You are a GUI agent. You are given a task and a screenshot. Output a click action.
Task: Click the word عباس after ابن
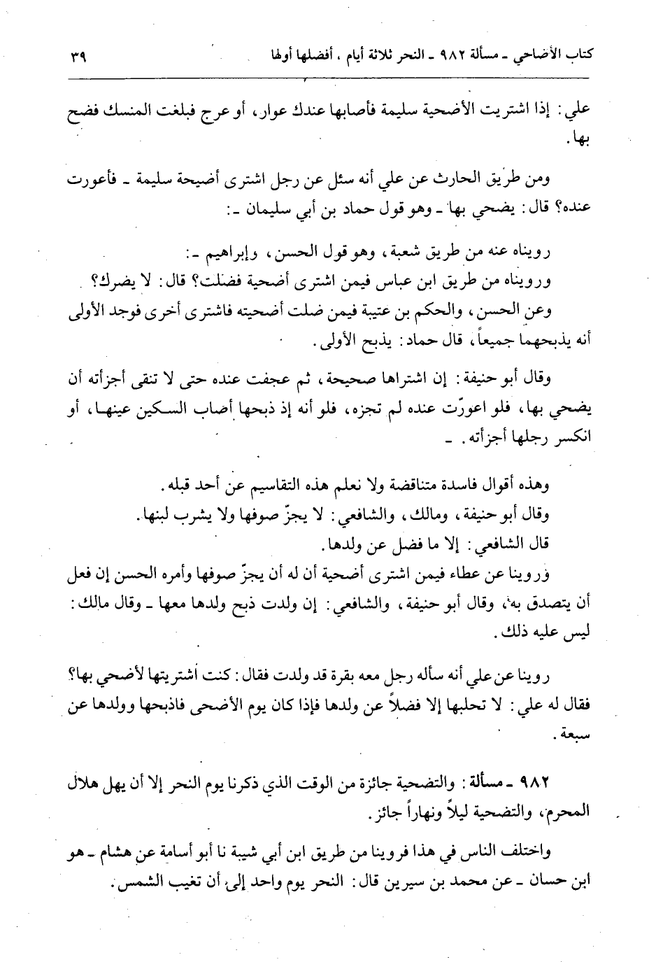point(389,282)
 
